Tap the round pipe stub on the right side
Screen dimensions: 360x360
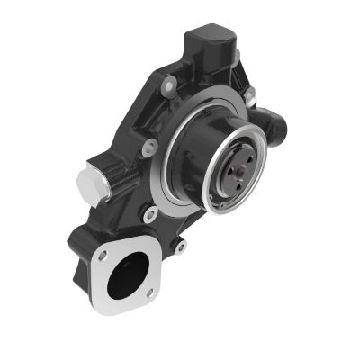[273, 122]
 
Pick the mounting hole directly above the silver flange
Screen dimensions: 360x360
[151, 214]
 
